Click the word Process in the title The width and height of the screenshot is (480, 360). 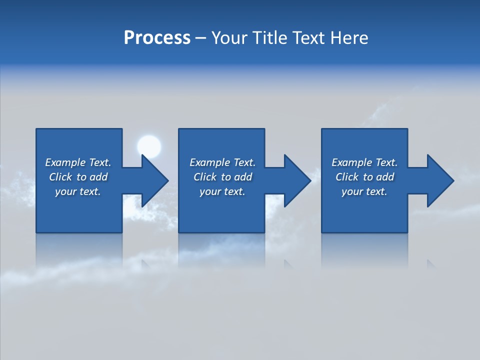coord(157,38)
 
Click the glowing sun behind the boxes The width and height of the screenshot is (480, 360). coord(149,146)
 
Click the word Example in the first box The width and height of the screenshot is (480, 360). coord(65,162)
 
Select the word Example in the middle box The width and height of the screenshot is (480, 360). coord(210,162)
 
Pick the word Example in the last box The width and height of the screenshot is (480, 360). coord(352,162)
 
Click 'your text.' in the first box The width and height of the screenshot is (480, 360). coord(78,191)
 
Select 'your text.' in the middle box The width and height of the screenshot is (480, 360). coord(222,191)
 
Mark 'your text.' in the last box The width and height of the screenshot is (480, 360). coord(364,191)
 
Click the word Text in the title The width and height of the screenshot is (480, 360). coord(307,38)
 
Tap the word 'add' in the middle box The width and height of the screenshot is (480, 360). coord(243,177)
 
